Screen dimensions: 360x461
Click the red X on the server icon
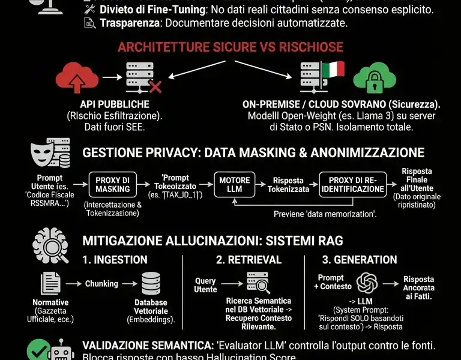click(155, 88)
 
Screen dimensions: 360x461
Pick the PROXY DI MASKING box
click(112, 184)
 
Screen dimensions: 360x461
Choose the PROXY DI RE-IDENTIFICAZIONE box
click(352, 184)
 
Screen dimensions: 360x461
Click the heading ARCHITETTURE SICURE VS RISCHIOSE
click(230, 47)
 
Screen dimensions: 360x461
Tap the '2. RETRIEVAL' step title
click(247, 260)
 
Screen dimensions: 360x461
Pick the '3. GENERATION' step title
click(360, 260)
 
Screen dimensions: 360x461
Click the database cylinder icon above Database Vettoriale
click(151, 283)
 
